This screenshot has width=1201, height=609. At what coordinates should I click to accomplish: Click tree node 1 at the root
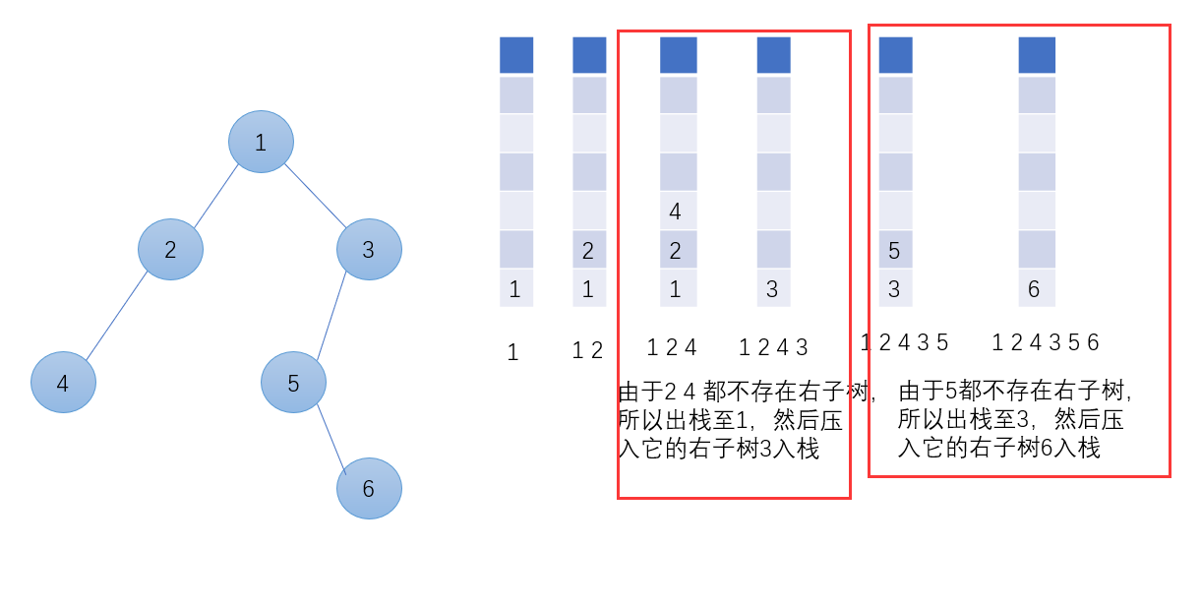tap(261, 142)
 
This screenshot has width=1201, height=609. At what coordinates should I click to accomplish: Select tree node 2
tap(170, 249)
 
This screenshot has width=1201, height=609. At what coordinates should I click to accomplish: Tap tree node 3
tap(369, 249)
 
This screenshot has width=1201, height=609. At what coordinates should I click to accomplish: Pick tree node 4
tap(63, 383)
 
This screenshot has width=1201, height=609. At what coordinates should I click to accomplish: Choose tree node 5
tap(293, 383)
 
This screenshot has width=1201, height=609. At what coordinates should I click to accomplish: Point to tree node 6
tap(369, 488)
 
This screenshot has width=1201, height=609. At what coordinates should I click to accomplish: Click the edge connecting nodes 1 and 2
tap(216, 197)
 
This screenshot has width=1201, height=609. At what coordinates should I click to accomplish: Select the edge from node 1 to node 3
tap(315, 195)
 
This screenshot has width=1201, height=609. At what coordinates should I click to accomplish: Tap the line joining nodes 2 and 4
tap(116, 316)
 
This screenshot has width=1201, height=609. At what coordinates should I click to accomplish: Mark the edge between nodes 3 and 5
tap(331, 315)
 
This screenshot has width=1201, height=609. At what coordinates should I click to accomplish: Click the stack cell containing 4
tap(678, 211)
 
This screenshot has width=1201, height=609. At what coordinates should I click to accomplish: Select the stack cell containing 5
tap(895, 250)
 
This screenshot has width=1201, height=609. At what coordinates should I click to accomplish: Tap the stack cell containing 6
tap(1037, 288)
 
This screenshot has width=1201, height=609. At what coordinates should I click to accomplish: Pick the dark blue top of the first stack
tap(516, 55)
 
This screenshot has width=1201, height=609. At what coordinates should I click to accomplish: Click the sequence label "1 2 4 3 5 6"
tap(1045, 342)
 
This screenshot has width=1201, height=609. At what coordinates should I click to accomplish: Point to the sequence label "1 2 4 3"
tap(773, 347)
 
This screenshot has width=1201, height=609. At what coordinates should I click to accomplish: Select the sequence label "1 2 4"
tap(672, 347)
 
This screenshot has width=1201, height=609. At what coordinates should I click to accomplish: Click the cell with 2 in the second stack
tap(589, 250)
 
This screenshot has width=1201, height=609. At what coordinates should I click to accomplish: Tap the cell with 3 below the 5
tap(895, 288)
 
